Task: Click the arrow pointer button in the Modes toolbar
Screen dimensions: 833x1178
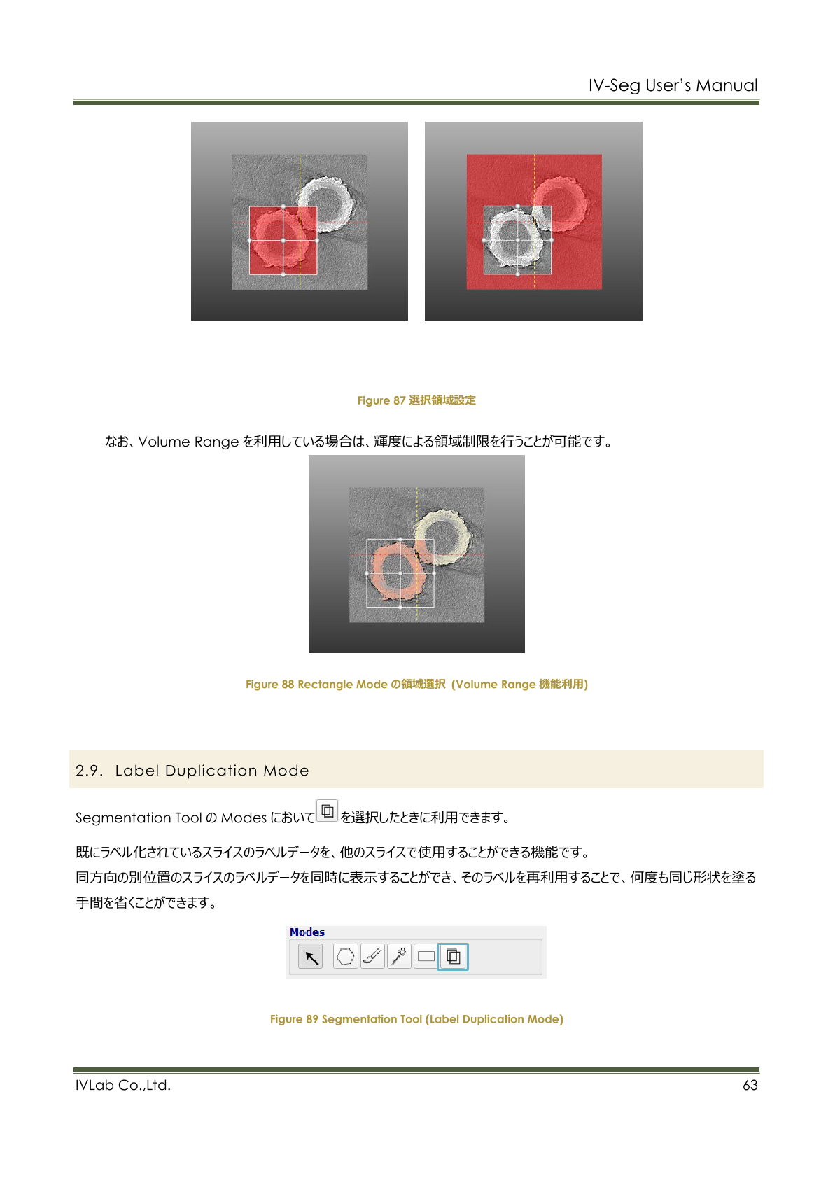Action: point(310,957)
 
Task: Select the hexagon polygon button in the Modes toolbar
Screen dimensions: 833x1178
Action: point(346,957)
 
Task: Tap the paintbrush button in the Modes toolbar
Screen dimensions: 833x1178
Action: point(372,957)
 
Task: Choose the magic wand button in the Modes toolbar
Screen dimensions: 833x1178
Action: point(399,957)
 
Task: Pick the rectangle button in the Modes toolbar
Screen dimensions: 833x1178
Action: point(426,957)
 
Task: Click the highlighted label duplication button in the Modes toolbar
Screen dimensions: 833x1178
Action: point(453,957)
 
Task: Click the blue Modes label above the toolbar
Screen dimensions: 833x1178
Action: point(307,932)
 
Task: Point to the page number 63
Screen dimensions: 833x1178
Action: point(750,1085)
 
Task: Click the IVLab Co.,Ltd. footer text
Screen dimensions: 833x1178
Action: point(123,1085)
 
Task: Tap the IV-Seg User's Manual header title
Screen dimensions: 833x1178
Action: point(673,85)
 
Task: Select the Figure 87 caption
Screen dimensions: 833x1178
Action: point(416,400)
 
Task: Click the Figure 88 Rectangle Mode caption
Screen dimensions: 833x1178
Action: point(416,684)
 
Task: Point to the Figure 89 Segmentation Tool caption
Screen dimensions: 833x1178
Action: point(416,1019)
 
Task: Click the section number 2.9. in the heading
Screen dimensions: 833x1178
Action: point(89,771)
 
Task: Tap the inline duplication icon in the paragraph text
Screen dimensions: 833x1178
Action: point(327,811)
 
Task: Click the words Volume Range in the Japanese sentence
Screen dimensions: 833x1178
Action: point(188,442)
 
